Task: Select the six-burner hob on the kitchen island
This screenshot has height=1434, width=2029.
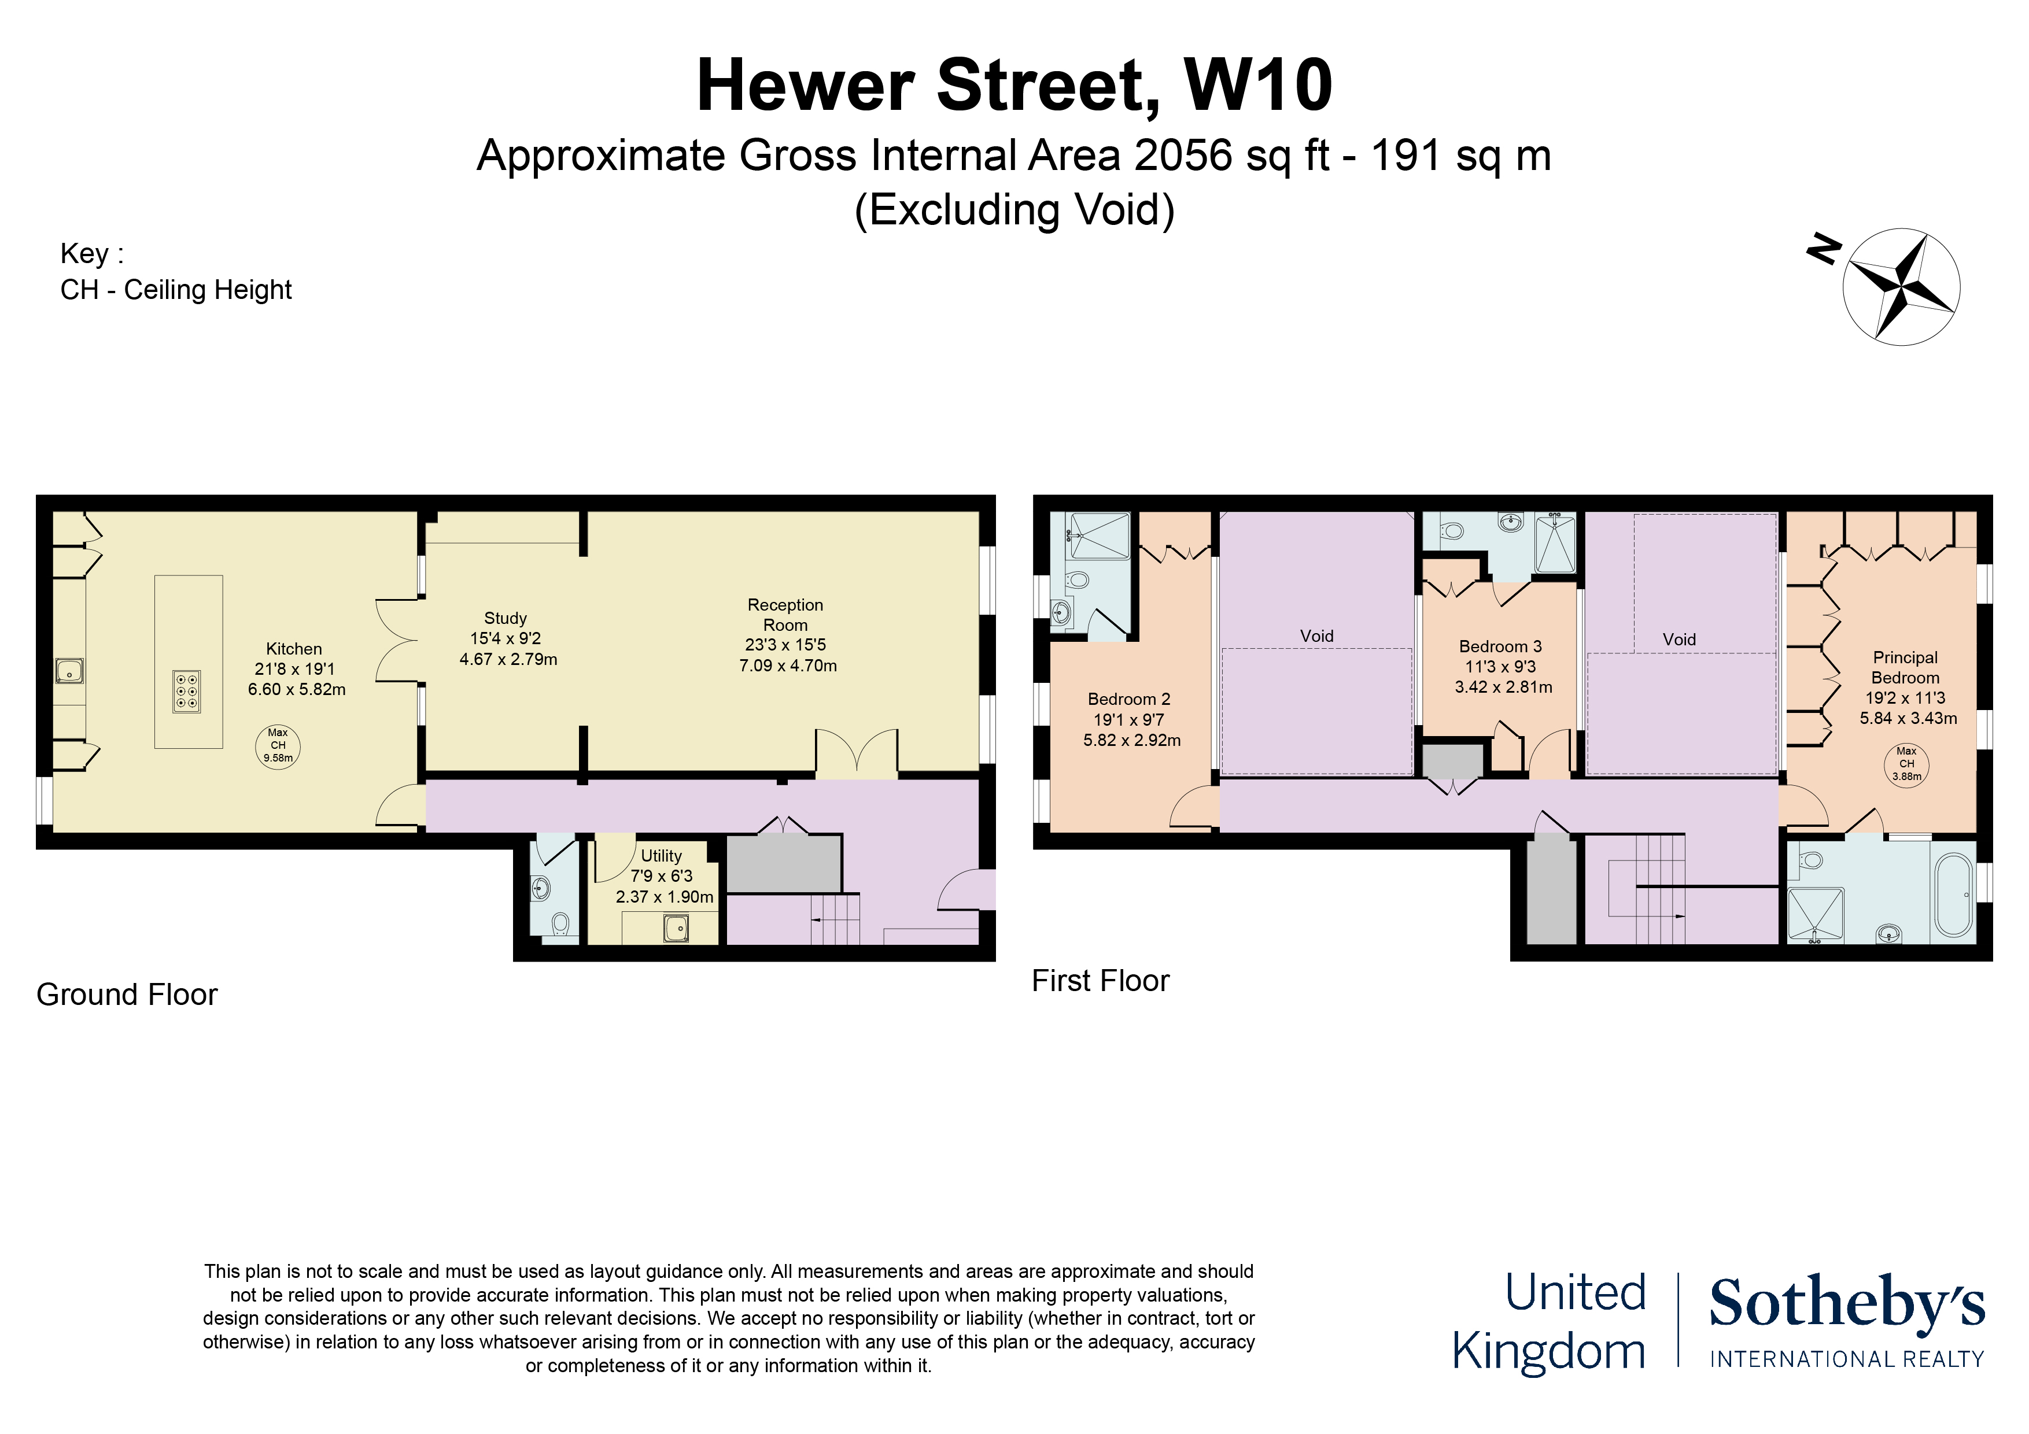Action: tap(186, 692)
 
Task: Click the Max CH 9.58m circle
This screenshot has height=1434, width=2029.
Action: tap(278, 746)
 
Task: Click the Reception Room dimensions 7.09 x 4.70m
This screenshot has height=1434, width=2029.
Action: tap(787, 666)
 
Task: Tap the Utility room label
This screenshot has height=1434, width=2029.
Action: tap(661, 856)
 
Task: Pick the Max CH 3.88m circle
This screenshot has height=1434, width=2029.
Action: tap(1906, 764)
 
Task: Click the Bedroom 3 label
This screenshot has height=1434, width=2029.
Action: tap(1500, 647)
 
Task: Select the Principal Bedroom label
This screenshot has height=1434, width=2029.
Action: tap(1905, 668)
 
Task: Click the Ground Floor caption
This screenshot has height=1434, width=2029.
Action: tap(126, 995)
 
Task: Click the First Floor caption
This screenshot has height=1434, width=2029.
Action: tap(1100, 981)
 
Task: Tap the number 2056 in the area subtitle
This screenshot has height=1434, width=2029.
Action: tap(1182, 156)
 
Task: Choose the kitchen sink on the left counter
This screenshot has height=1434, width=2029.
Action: tap(69, 671)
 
